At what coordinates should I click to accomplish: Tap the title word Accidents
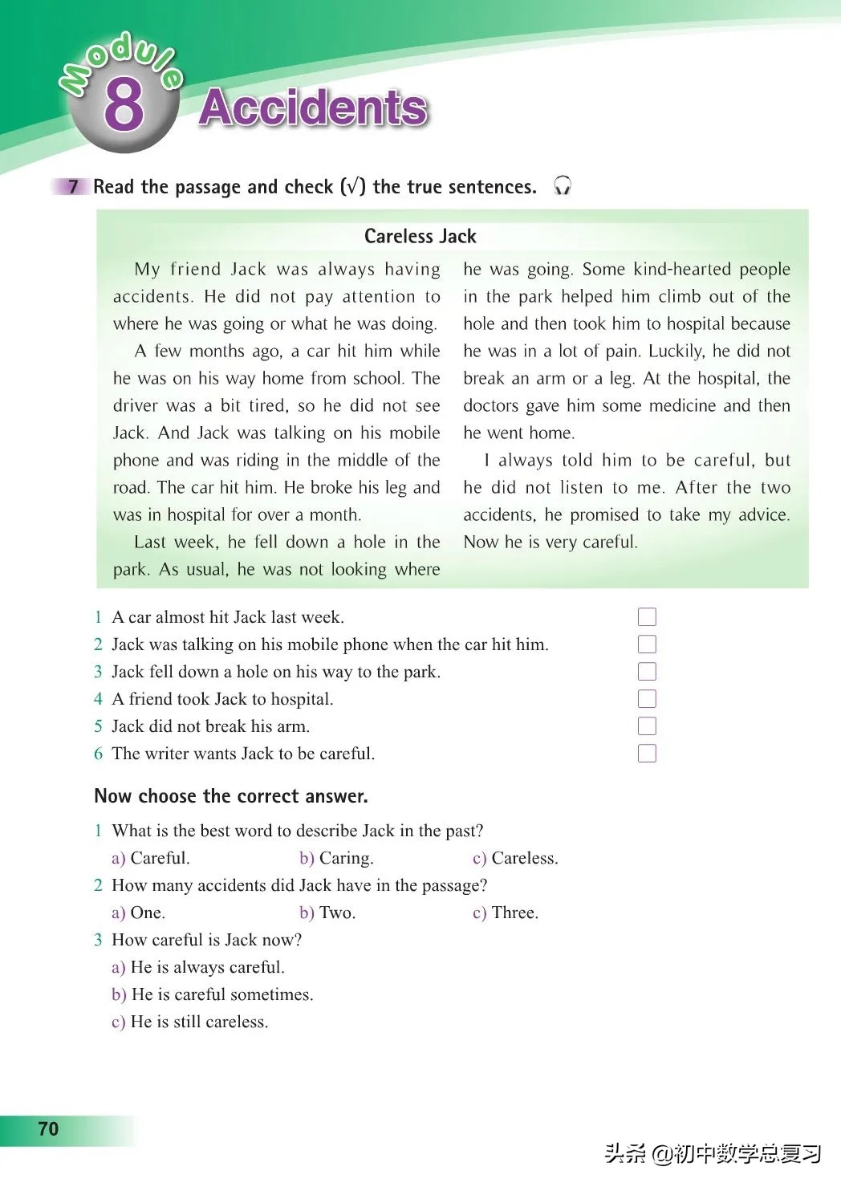click(313, 108)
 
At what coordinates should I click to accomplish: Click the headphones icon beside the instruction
click(563, 186)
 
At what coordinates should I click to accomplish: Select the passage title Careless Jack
click(420, 236)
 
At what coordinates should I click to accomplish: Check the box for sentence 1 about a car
click(647, 616)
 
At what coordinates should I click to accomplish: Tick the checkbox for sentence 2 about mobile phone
click(647, 644)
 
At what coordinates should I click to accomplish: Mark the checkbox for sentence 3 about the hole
click(647, 671)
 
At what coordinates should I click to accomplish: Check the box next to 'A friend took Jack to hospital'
click(647, 698)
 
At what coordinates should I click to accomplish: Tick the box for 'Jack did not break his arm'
click(647, 726)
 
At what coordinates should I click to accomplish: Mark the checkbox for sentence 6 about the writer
click(647, 753)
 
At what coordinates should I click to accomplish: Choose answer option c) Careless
click(515, 858)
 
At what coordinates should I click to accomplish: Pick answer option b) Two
click(327, 913)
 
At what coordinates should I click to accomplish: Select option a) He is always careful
click(198, 967)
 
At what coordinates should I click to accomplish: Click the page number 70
click(48, 1128)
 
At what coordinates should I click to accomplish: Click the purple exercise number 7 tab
click(73, 187)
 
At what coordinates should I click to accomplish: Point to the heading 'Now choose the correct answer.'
click(231, 796)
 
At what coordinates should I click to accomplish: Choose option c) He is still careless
click(190, 1022)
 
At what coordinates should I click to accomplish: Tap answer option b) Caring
click(336, 858)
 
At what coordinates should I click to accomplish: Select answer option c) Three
click(506, 913)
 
